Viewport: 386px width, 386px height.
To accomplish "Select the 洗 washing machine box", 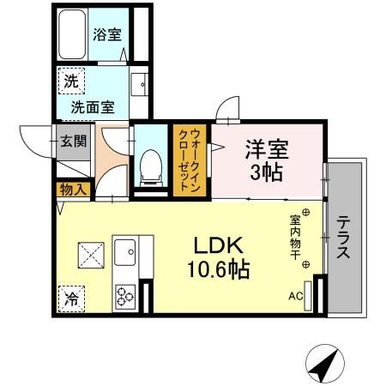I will coord(68,84).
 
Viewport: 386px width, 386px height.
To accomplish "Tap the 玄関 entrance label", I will coord(73,141).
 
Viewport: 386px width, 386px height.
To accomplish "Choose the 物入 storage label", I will coord(73,189).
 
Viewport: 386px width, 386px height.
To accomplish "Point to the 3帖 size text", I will coord(266,171).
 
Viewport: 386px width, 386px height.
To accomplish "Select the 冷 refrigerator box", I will coord(69,299).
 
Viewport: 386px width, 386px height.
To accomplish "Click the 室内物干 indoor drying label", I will coord(295,237).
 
